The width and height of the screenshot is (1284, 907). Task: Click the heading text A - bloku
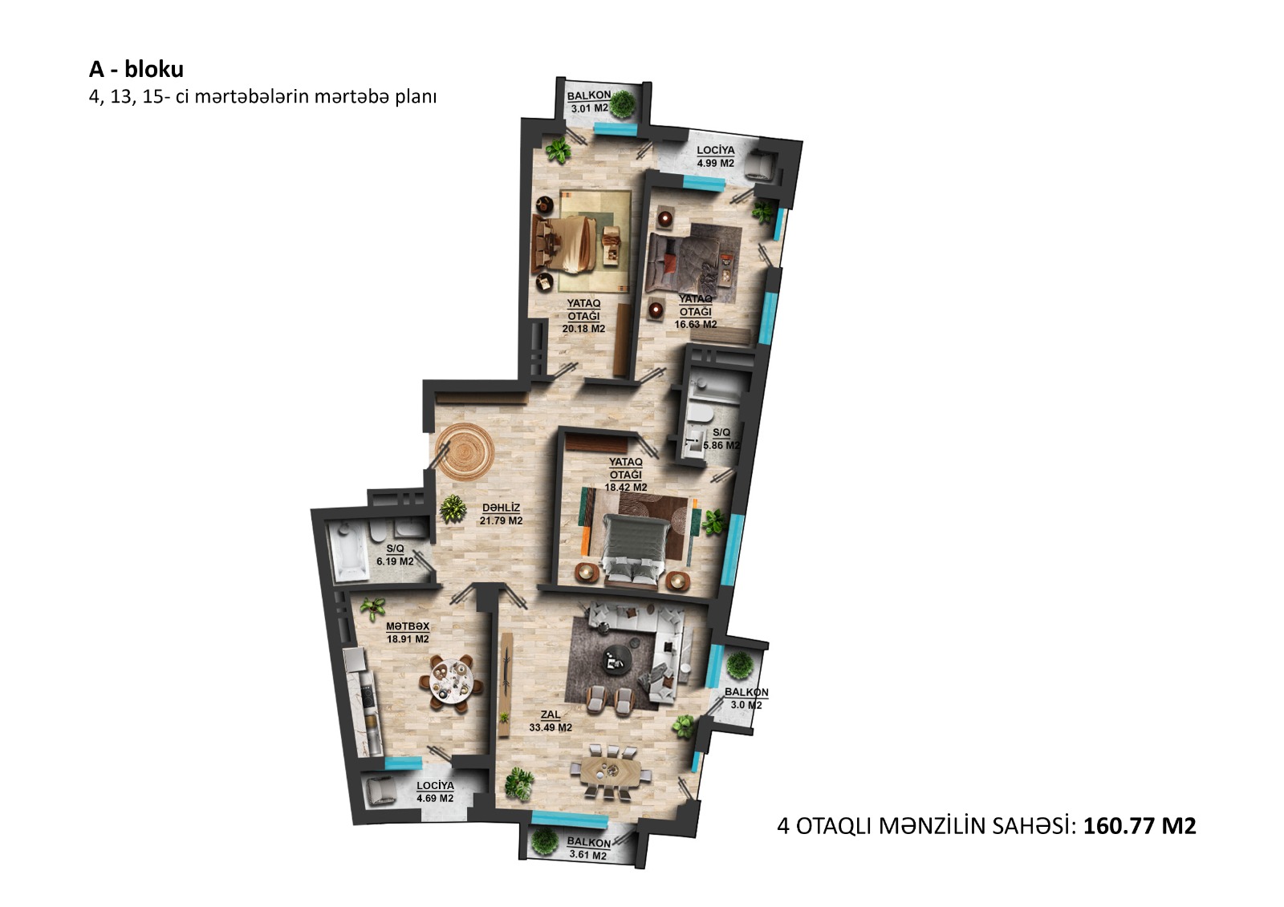pos(136,69)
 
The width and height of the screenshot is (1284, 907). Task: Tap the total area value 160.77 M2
pos(1140,826)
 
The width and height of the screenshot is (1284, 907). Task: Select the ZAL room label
pos(551,715)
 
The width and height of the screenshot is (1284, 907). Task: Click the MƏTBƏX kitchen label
pos(408,626)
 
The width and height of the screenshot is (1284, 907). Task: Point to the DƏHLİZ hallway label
pos(501,508)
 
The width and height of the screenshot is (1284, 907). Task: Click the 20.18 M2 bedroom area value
pos(583,329)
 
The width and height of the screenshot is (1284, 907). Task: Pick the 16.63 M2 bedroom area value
pos(695,324)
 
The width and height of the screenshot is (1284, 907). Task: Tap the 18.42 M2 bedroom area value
pos(625,488)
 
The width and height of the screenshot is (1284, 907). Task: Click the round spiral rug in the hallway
pos(465,452)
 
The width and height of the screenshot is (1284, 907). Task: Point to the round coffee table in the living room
pos(616,661)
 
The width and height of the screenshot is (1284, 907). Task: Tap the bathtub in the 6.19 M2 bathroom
pos(347,553)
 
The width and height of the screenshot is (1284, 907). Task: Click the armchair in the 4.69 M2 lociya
pos(380,793)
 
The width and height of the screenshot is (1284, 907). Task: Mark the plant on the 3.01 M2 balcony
pos(622,104)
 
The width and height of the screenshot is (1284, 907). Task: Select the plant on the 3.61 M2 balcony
pos(545,842)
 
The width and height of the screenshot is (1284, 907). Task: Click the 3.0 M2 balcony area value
pos(746,706)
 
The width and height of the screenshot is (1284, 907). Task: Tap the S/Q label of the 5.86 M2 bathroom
pos(721,432)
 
